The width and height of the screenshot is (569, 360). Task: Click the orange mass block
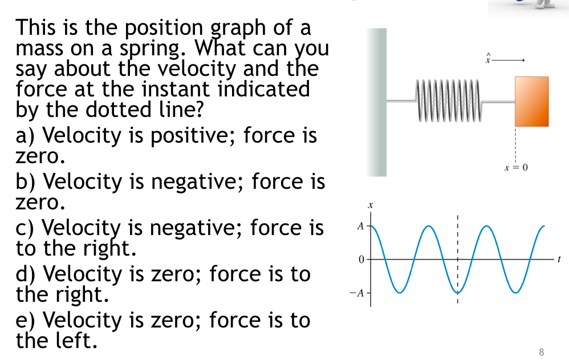click(531, 101)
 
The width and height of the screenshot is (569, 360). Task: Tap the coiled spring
click(450, 102)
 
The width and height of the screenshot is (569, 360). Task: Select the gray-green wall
click(376, 102)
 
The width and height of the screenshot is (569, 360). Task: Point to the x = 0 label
click(516, 168)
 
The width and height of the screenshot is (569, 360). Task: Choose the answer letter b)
click(26, 182)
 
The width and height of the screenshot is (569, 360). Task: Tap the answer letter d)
click(26, 274)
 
